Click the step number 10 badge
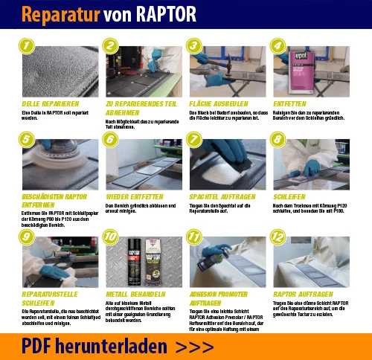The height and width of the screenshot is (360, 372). [111, 237]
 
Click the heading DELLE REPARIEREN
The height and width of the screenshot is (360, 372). [46, 103]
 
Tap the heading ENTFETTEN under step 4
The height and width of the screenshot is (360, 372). [289, 103]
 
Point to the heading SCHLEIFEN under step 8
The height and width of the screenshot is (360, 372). [289, 197]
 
